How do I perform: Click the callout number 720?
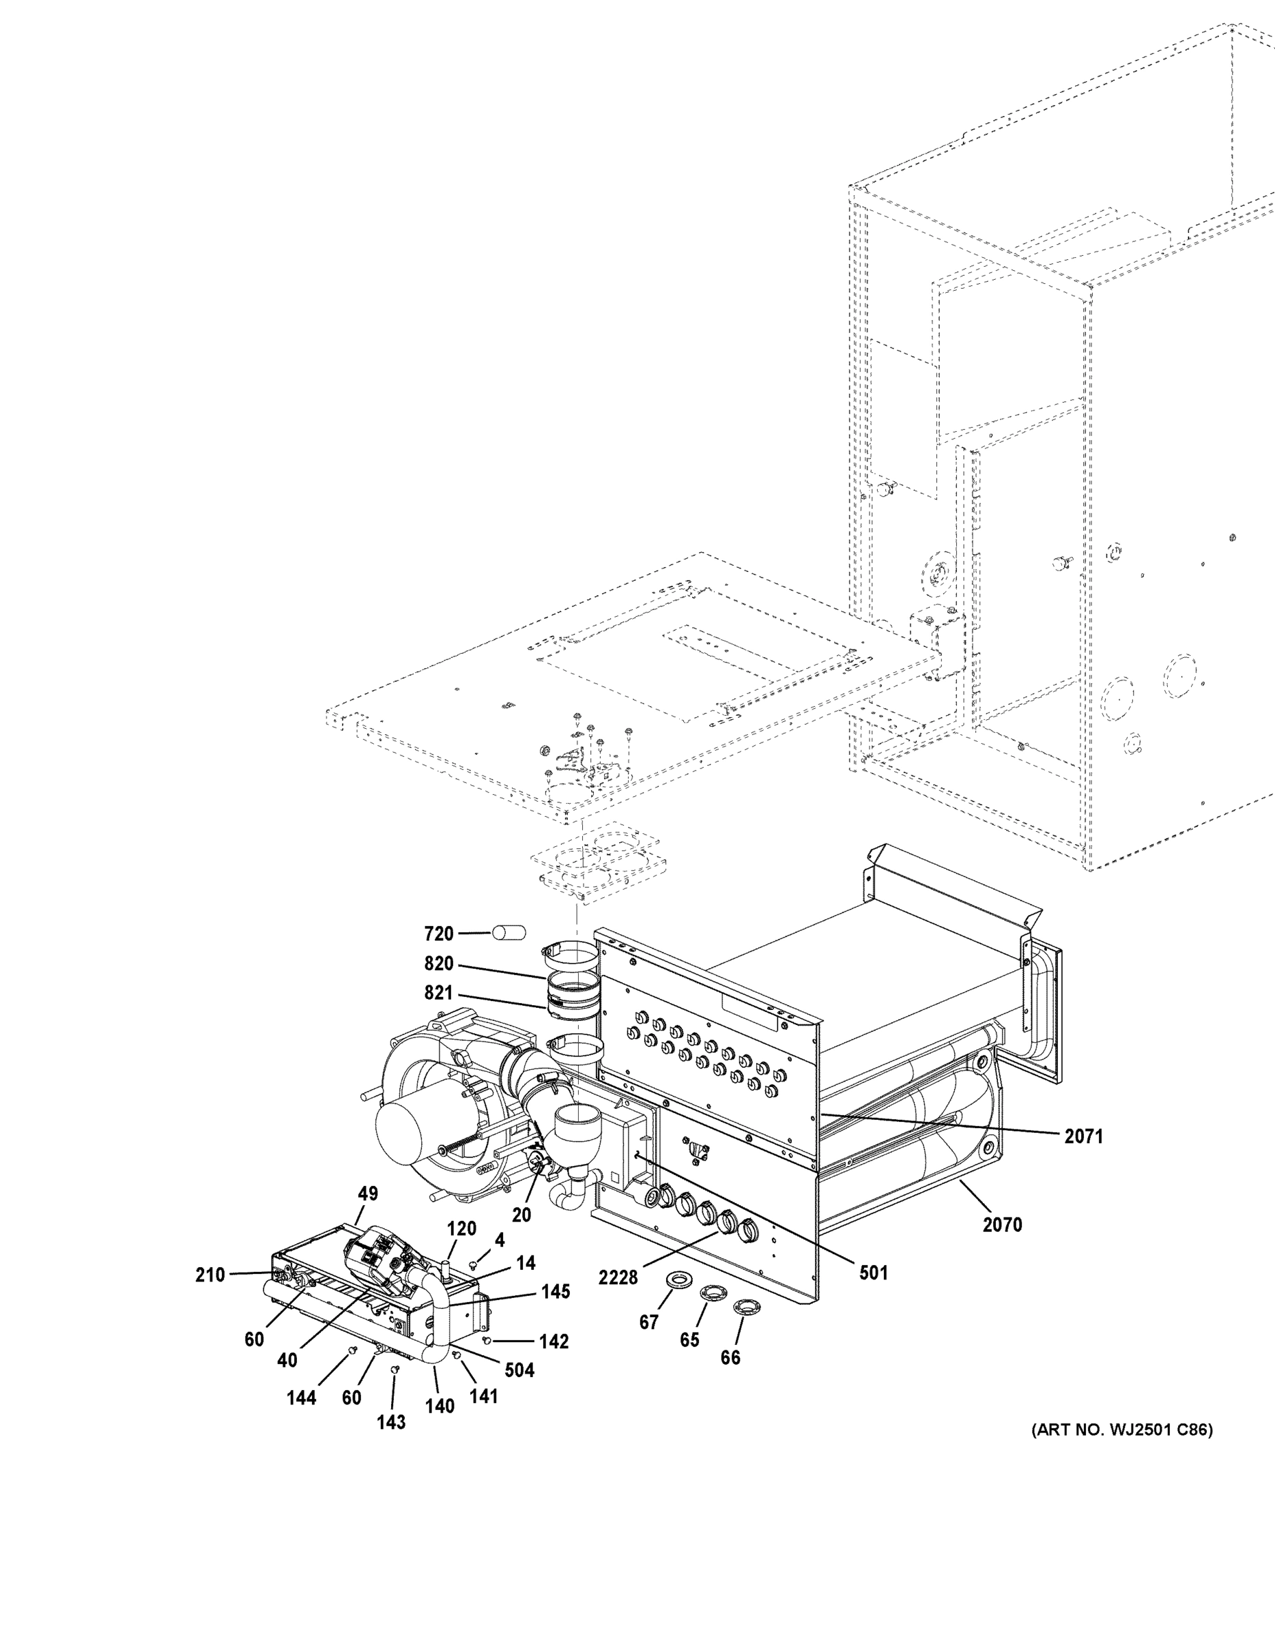click(438, 934)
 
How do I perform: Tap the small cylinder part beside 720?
click(509, 933)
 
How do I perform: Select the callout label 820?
click(438, 964)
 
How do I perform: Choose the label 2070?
click(1001, 1224)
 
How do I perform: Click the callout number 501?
click(873, 1273)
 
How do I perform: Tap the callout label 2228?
click(618, 1277)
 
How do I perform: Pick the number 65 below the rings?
click(689, 1339)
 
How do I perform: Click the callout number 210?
click(210, 1275)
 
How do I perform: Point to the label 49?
click(368, 1193)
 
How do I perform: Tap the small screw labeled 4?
click(474, 1263)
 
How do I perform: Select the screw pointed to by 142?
click(487, 1339)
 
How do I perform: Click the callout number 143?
click(391, 1422)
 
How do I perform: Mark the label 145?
click(555, 1292)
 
